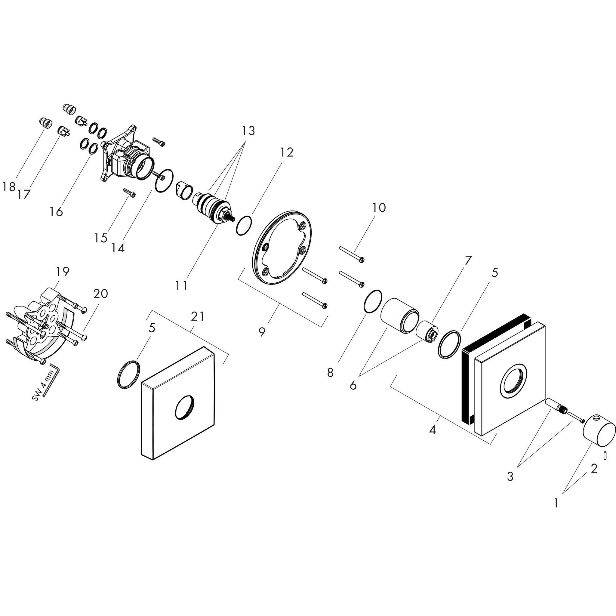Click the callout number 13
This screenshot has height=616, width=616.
[x=248, y=131]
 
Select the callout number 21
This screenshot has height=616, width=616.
[x=197, y=316]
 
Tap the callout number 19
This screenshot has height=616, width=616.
[x=63, y=271]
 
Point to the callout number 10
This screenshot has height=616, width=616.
[x=379, y=208]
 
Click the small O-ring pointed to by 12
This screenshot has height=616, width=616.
[x=244, y=226]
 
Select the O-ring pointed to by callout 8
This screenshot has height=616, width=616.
[x=373, y=302]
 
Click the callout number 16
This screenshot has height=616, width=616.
[x=56, y=212]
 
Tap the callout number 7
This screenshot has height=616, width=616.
[x=468, y=260]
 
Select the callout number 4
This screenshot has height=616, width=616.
[x=432, y=430]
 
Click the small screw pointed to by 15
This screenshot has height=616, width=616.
[x=129, y=193]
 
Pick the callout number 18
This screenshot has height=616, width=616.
[x=9, y=187]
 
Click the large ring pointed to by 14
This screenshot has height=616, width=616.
[x=164, y=181]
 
